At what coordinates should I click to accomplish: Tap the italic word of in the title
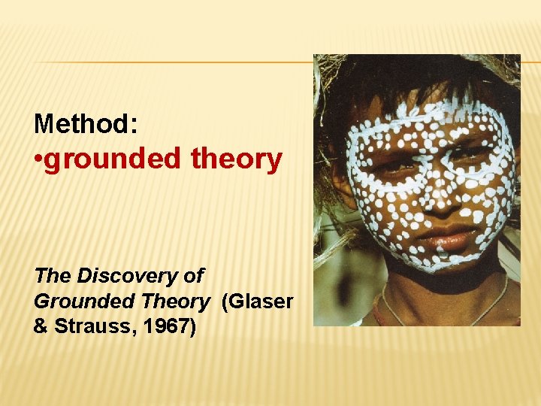click(193, 276)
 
